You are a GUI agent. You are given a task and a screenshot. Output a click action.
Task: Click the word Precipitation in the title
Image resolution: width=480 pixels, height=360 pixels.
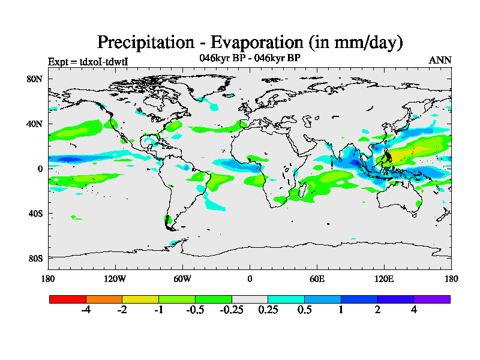coord(143,42)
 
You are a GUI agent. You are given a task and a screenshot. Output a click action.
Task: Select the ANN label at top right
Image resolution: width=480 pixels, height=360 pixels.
coord(440,60)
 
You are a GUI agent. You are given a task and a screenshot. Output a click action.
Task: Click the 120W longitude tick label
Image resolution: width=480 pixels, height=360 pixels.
coord(115,278)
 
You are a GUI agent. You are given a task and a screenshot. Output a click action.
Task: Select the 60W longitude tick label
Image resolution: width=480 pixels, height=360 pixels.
coord(182,278)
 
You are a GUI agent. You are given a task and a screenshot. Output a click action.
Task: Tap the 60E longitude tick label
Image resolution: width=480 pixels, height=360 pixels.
coord(317,278)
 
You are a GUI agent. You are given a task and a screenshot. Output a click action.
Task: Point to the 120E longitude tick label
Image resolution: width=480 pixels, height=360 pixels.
coord(384,278)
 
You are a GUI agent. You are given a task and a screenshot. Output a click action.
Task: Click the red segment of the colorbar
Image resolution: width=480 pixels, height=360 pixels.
coord(68,299)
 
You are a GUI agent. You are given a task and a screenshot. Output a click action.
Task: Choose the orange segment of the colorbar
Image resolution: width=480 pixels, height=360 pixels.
coord(104,299)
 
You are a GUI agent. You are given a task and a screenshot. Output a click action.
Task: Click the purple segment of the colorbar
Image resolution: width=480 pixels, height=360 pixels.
coord(432,299)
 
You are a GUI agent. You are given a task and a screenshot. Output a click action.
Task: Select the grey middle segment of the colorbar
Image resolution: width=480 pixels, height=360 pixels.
coord(250,299)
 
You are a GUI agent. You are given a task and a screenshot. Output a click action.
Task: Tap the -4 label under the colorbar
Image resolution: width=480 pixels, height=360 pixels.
coord(86,310)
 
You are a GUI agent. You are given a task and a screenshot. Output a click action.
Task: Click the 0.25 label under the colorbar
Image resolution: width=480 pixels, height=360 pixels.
coord(268,310)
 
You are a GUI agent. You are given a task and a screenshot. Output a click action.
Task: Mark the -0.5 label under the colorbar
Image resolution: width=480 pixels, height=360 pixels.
coord(195,310)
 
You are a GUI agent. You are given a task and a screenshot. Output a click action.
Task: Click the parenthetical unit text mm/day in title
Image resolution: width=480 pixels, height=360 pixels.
coord(367,43)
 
